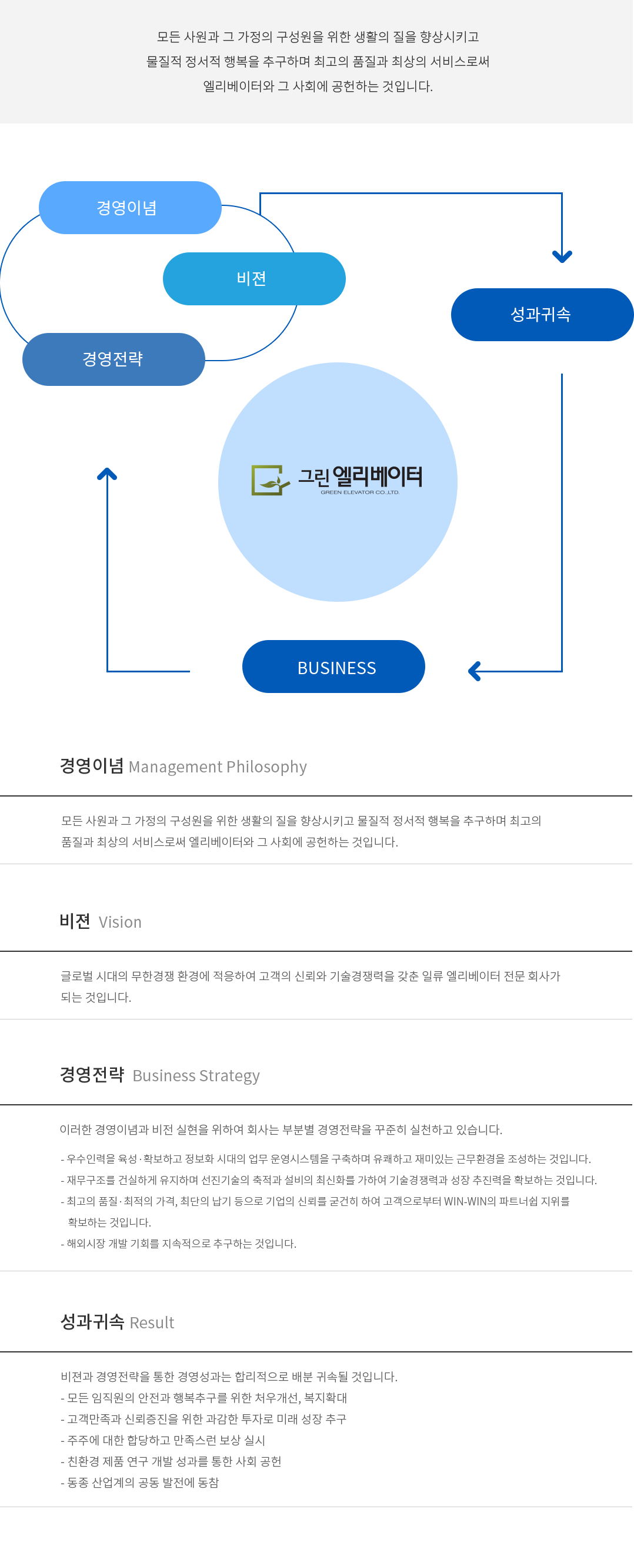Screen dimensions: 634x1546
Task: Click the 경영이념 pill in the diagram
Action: point(130,208)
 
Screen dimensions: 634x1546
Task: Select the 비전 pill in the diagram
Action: point(254,279)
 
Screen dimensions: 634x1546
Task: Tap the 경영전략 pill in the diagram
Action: point(114,359)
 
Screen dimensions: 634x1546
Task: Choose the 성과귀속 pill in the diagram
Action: point(542,315)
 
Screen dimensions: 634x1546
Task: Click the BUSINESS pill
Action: point(334,667)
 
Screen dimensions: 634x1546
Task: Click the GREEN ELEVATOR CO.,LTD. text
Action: point(360,493)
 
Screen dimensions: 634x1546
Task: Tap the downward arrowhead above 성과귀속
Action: point(562,257)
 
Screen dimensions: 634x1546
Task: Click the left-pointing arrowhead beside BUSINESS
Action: point(475,671)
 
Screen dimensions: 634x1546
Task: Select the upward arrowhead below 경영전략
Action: point(107,474)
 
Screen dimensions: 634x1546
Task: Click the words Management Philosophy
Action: point(218,767)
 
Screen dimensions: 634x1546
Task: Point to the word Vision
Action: point(120,922)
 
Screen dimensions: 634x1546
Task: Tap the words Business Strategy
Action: point(196,1076)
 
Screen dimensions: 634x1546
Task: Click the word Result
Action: point(152,1322)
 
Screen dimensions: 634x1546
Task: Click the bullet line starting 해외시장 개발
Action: point(179,1244)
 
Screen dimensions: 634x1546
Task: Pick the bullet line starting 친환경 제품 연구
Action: point(171,1462)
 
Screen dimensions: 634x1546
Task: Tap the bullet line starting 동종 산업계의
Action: point(140,1483)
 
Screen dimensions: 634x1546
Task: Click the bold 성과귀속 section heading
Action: point(92,1321)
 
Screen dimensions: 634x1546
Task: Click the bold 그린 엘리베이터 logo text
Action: point(361,477)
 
